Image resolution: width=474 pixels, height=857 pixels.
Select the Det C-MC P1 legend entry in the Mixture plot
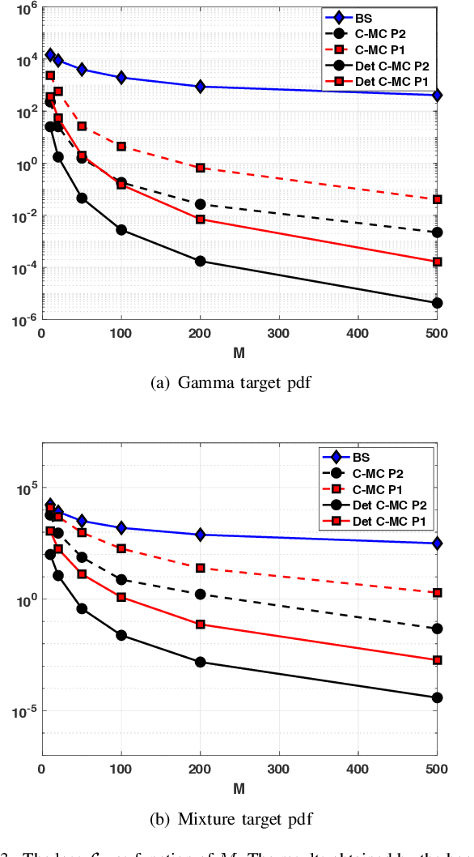389,522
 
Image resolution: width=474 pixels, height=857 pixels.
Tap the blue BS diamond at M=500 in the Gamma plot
438,96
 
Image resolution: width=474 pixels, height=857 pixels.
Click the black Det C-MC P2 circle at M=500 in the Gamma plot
438,303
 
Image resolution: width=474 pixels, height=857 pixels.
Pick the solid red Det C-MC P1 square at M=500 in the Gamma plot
438,262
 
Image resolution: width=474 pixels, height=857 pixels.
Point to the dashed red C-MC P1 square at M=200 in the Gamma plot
201,168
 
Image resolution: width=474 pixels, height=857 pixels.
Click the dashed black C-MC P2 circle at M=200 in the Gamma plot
201,204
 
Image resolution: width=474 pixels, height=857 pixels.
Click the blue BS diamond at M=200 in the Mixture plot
201,535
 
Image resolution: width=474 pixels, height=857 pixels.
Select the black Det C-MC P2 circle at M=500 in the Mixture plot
438,697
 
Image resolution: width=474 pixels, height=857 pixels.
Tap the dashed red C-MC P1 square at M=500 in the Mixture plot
438,593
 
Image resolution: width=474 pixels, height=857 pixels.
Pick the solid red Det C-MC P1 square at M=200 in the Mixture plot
201,624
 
